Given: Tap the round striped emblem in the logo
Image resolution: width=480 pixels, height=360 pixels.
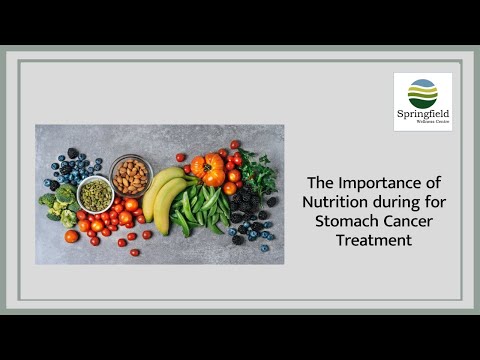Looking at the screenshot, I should click(422, 93).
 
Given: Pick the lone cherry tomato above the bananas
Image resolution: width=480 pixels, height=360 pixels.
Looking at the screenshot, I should click(181, 157).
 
